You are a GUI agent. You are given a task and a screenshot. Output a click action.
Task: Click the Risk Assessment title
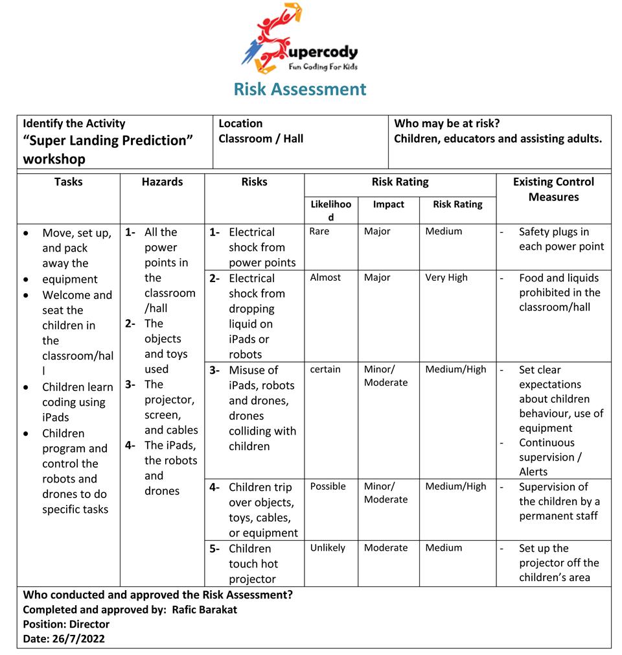click(300, 89)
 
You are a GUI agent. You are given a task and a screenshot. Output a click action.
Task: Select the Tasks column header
click(68, 182)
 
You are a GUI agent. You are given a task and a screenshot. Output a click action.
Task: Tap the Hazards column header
click(162, 182)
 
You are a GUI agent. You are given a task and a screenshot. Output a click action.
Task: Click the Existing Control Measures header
click(553, 189)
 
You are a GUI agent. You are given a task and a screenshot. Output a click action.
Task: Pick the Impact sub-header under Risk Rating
click(389, 204)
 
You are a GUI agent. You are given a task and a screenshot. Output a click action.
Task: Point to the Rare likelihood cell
click(319, 232)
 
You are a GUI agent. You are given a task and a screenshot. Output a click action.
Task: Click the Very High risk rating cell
click(446, 278)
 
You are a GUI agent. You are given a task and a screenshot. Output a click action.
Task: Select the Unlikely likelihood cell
click(328, 548)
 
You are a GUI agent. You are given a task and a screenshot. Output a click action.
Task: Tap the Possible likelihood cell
click(328, 486)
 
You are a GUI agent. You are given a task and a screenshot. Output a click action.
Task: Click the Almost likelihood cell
click(325, 278)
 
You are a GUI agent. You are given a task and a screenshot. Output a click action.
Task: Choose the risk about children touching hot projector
click(253, 564)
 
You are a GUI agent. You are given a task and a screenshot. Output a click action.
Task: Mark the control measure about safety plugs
click(561, 239)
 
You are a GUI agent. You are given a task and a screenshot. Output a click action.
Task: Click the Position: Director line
click(66, 624)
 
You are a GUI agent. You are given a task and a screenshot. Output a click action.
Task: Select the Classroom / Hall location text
click(261, 138)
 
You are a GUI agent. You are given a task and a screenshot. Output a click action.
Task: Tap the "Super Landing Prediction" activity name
click(108, 141)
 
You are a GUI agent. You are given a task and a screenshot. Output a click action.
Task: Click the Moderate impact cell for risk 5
click(386, 548)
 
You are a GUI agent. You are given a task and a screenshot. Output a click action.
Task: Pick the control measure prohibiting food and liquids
click(559, 292)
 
